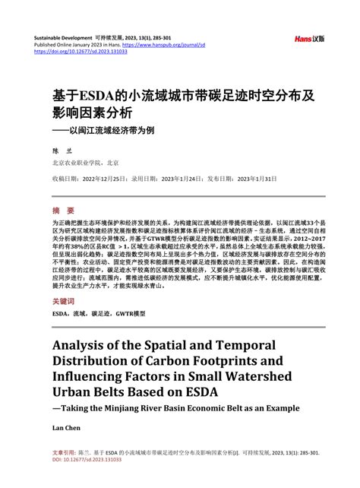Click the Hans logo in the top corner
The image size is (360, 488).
tap(309, 39)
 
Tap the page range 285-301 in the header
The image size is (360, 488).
tap(198, 37)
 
